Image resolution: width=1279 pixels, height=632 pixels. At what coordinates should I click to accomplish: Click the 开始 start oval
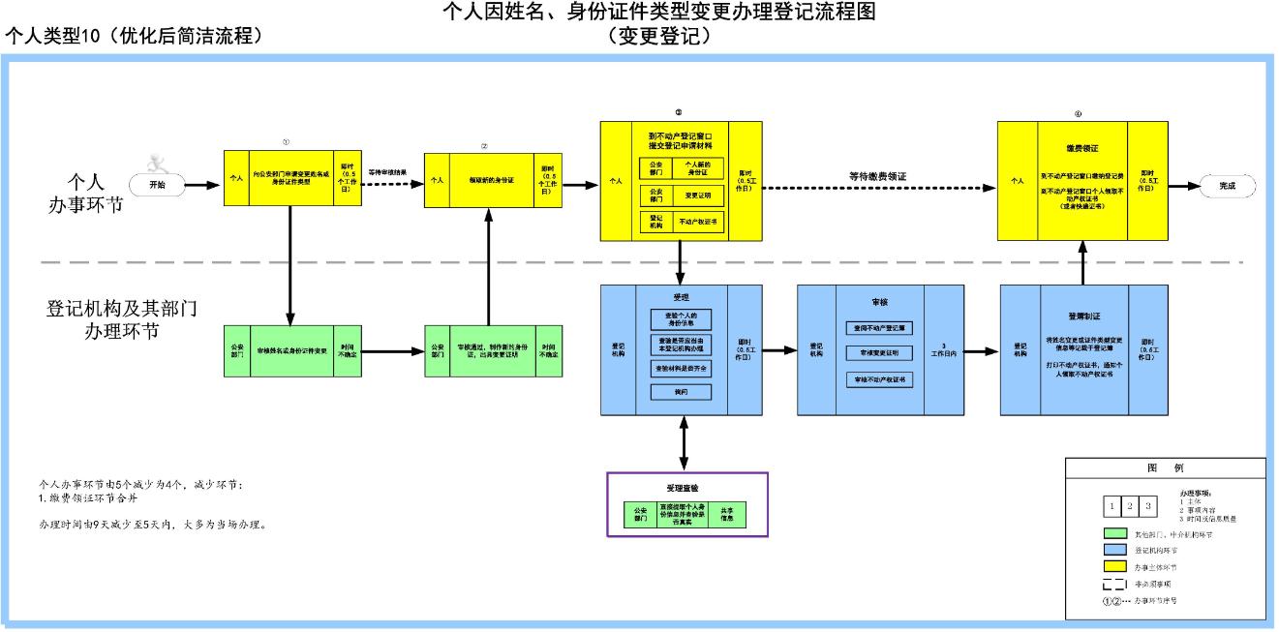(157, 184)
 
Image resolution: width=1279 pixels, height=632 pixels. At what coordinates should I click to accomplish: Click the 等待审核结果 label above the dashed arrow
(387, 172)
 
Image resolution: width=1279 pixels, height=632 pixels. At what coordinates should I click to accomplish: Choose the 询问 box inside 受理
(681, 392)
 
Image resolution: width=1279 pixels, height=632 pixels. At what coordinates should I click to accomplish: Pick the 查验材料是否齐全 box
(681, 368)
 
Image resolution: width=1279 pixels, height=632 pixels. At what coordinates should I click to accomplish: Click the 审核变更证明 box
(879, 353)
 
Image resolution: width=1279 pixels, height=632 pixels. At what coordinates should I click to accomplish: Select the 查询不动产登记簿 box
(879, 327)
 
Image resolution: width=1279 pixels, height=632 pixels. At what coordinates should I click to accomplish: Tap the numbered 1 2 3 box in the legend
(1127, 506)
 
